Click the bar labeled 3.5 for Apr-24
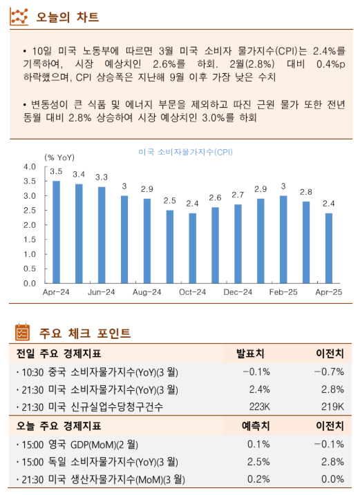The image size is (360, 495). point(57,232)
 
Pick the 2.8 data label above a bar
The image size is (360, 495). point(305,192)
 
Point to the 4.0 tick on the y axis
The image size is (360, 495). point(30,167)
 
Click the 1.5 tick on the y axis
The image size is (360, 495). point(30,240)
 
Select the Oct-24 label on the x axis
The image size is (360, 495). point(192,293)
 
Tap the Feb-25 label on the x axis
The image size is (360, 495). point(283,293)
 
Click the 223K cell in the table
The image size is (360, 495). point(258,407)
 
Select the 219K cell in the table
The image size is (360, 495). point(332,407)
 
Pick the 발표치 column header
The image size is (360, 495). point(252,353)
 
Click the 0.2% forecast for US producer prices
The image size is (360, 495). point(258,479)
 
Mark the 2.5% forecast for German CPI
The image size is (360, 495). point(258,461)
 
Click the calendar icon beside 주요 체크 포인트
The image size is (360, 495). point(22,333)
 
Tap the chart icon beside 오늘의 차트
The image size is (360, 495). point(19,16)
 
